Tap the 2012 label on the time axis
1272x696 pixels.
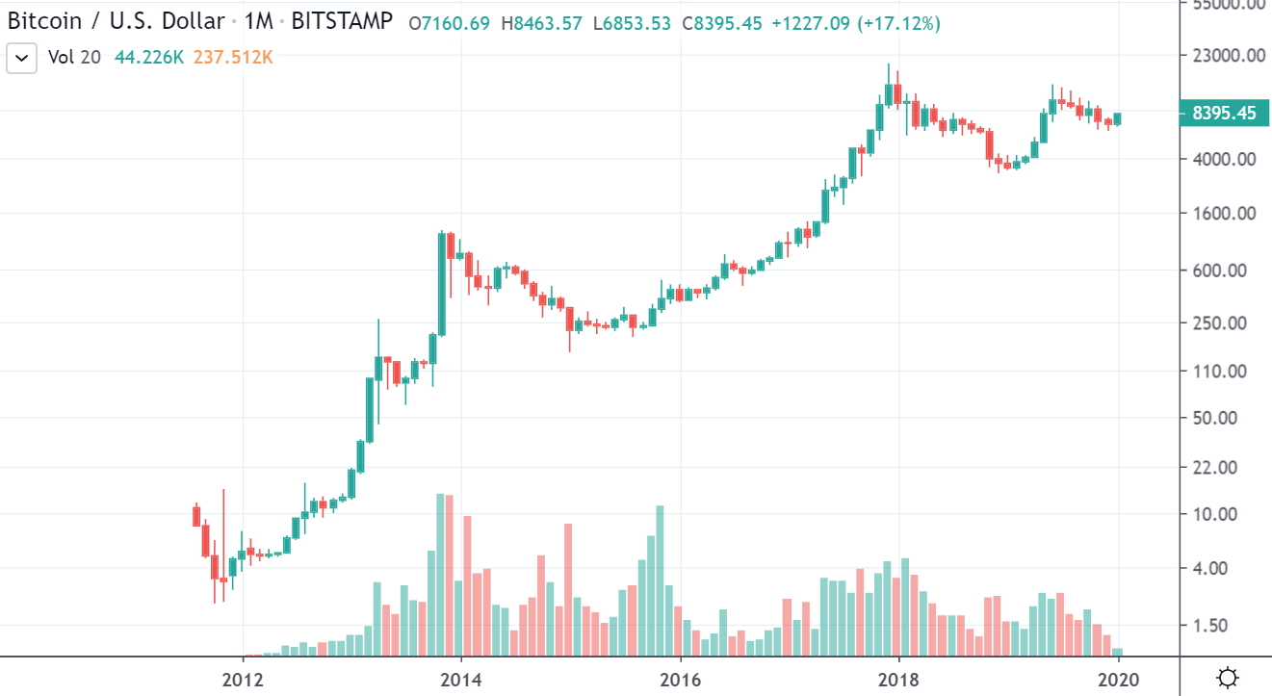[243, 678]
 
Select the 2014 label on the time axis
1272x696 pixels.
[461, 678]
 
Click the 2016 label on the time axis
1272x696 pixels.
[680, 678]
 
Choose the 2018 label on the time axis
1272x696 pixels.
[898, 678]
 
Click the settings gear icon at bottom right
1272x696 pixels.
[1227, 678]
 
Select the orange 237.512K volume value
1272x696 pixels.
[233, 58]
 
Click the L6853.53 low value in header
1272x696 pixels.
[632, 22]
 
